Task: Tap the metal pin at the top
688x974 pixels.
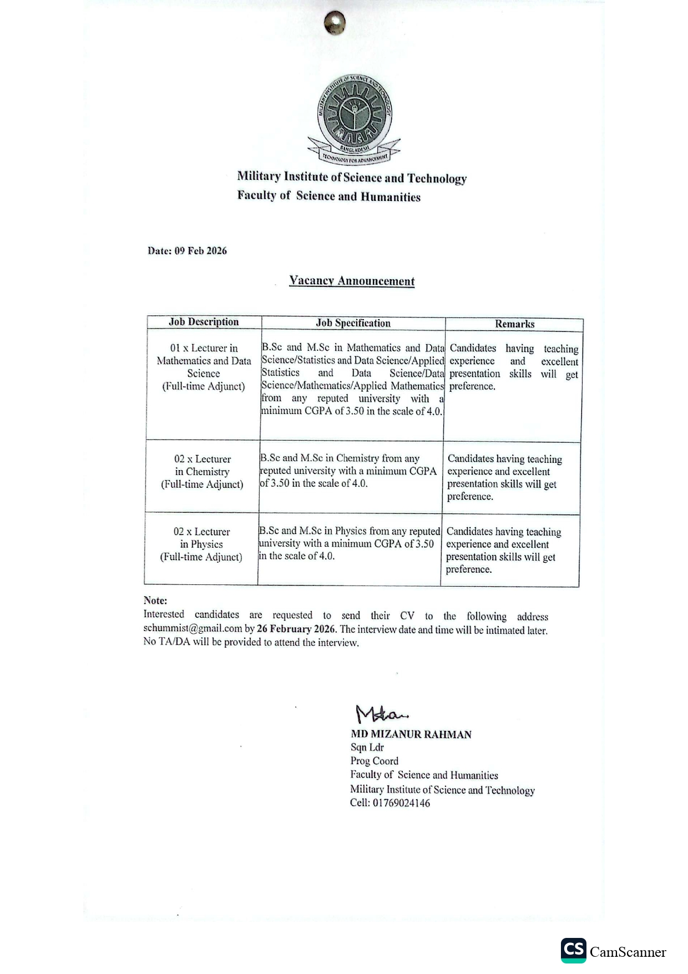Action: (x=335, y=23)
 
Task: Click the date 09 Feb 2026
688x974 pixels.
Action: (x=200, y=251)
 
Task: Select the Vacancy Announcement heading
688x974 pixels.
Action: (x=352, y=281)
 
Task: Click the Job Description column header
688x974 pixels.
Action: (x=204, y=322)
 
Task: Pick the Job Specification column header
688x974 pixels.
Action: (x=353, y=323)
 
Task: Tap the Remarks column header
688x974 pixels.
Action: (x=514, y=324)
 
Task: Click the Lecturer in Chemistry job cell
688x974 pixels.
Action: (x=203, y=472)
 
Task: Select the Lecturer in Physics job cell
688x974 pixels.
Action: (x=201, y=544)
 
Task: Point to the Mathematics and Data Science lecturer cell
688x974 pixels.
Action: (x=204, y=367)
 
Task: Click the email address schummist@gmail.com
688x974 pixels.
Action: (x=193, y=629)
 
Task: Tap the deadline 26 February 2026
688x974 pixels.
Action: (x=296, y=629)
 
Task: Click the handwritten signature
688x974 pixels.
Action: (x=381, y=713)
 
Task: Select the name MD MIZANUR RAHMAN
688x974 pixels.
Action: (x=411, y=734)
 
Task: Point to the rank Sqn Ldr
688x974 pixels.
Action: (x=367, y=748)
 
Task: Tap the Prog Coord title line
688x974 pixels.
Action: (x=374, y=761)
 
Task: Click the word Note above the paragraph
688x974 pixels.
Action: (x=155, y=600)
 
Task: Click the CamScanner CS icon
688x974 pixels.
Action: (x=573, y=951)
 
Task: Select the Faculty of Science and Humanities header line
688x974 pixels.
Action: (x=329, y=196)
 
